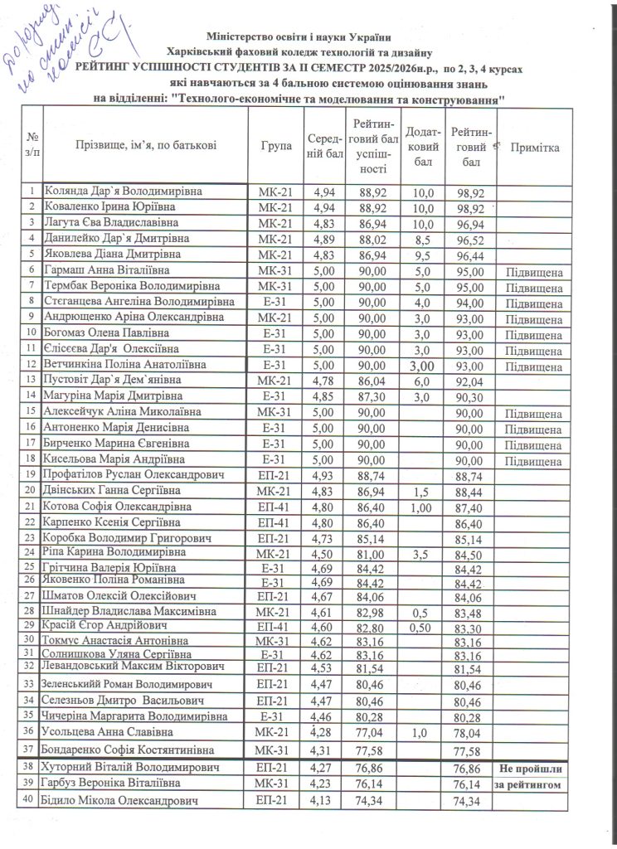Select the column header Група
pyautogui.click(x=275, y=147)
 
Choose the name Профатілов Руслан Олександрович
pyautogui.click(x=134, y=475)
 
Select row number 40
pyautogui.click(x=31, y=802)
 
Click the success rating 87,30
pyautogui.click(x=371, y=396)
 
